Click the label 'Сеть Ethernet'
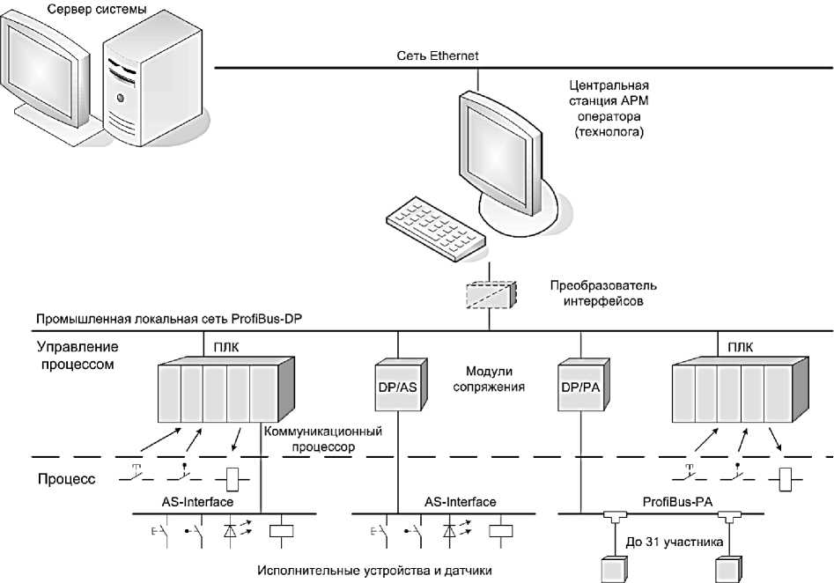point(438,57)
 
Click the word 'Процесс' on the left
point(67,481)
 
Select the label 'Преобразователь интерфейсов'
point(604,293)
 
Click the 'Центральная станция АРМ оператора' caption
point(609,108)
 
